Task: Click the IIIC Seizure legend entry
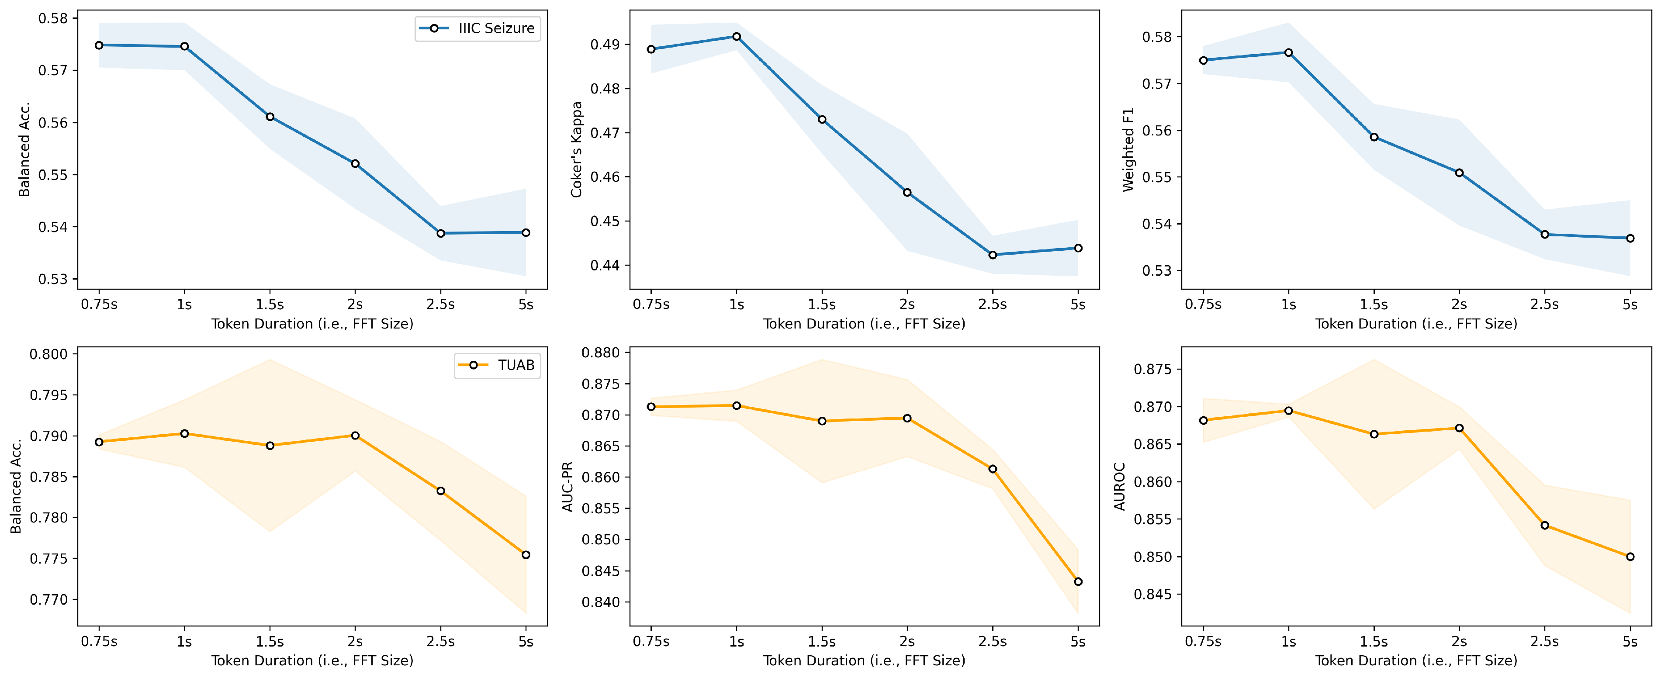coord(477,28)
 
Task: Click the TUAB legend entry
coord(496,365)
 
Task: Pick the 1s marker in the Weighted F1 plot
coord(1289,53)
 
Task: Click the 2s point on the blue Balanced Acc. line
coord(355,164)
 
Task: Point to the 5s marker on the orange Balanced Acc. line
coord(526,555)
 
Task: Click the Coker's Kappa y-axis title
coord(576,149)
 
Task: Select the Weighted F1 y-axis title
coord(1128,149)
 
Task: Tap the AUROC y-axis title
coord(1119,487)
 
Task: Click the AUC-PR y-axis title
coord(568,487)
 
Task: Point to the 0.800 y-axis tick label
coord(48,354)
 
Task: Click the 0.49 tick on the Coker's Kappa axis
coord(605,45)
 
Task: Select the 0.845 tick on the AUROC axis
coord(1153,594)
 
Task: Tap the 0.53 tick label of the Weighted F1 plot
coord(1157,271)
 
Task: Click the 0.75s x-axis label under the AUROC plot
coord(1203,642)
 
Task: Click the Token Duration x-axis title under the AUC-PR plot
coord(864,661)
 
